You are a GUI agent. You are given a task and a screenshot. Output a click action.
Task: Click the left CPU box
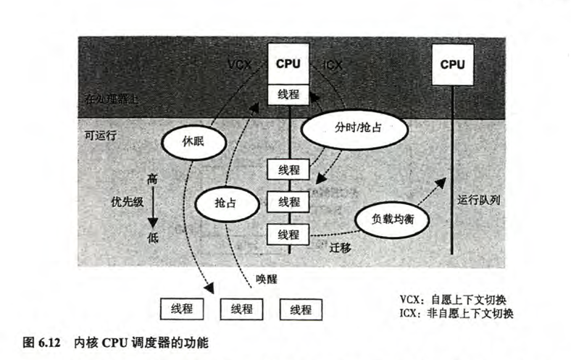(288, 63)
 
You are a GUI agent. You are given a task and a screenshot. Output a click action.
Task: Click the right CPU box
(453, 64)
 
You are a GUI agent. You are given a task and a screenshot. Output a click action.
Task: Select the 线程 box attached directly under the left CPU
(288, 95)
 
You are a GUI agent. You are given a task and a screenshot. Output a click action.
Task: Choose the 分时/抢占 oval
(354, 131)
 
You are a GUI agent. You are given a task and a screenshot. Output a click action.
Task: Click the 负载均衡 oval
(391, 218)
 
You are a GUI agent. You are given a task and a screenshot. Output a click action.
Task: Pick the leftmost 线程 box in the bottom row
(181, 309)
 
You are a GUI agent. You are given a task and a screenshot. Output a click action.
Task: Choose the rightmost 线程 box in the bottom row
(300, 309)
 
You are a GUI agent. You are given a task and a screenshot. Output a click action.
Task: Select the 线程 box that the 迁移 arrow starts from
(288, 234)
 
